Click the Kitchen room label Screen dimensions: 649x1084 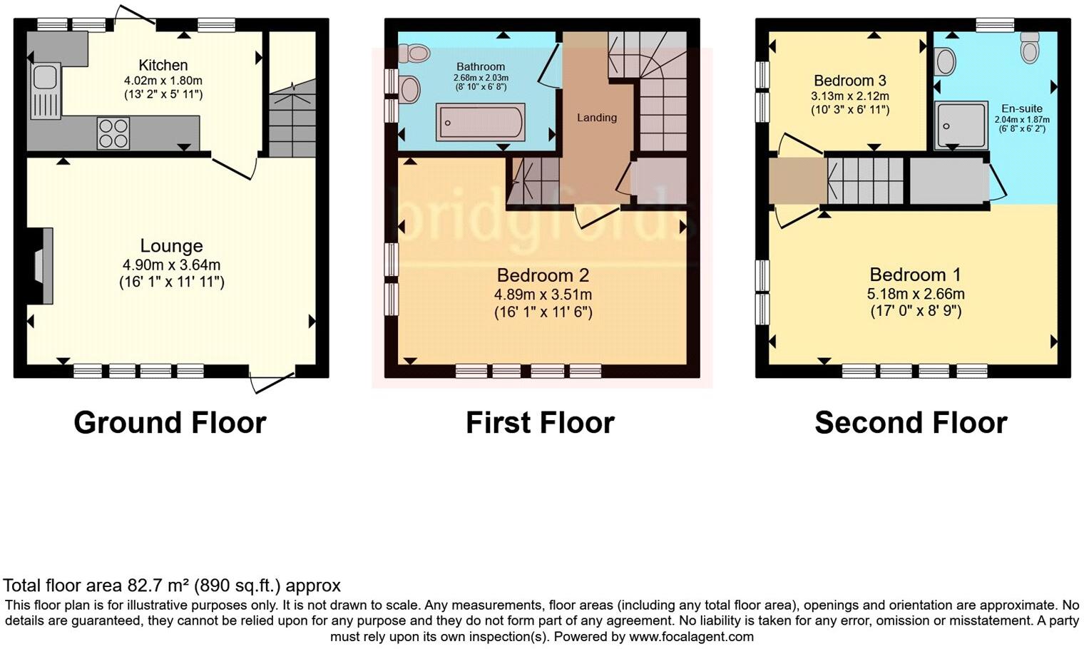(163, 65)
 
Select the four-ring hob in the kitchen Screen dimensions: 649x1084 (113, 133)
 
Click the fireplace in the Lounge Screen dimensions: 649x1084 (42, 266)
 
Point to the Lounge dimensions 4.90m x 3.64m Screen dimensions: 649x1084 (171, 265)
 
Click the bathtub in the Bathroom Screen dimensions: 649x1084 (480, 122)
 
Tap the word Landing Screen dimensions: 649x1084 (597, 118)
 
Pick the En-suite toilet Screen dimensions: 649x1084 (1029, 48)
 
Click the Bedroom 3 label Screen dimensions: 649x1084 (850, 81)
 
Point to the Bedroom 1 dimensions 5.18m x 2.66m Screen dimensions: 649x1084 (916, 294)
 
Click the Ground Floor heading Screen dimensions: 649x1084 (170, 423)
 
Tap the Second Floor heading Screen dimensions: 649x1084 (911, 423)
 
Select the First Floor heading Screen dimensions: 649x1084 (540, 423)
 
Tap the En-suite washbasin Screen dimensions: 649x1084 (945, 61)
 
